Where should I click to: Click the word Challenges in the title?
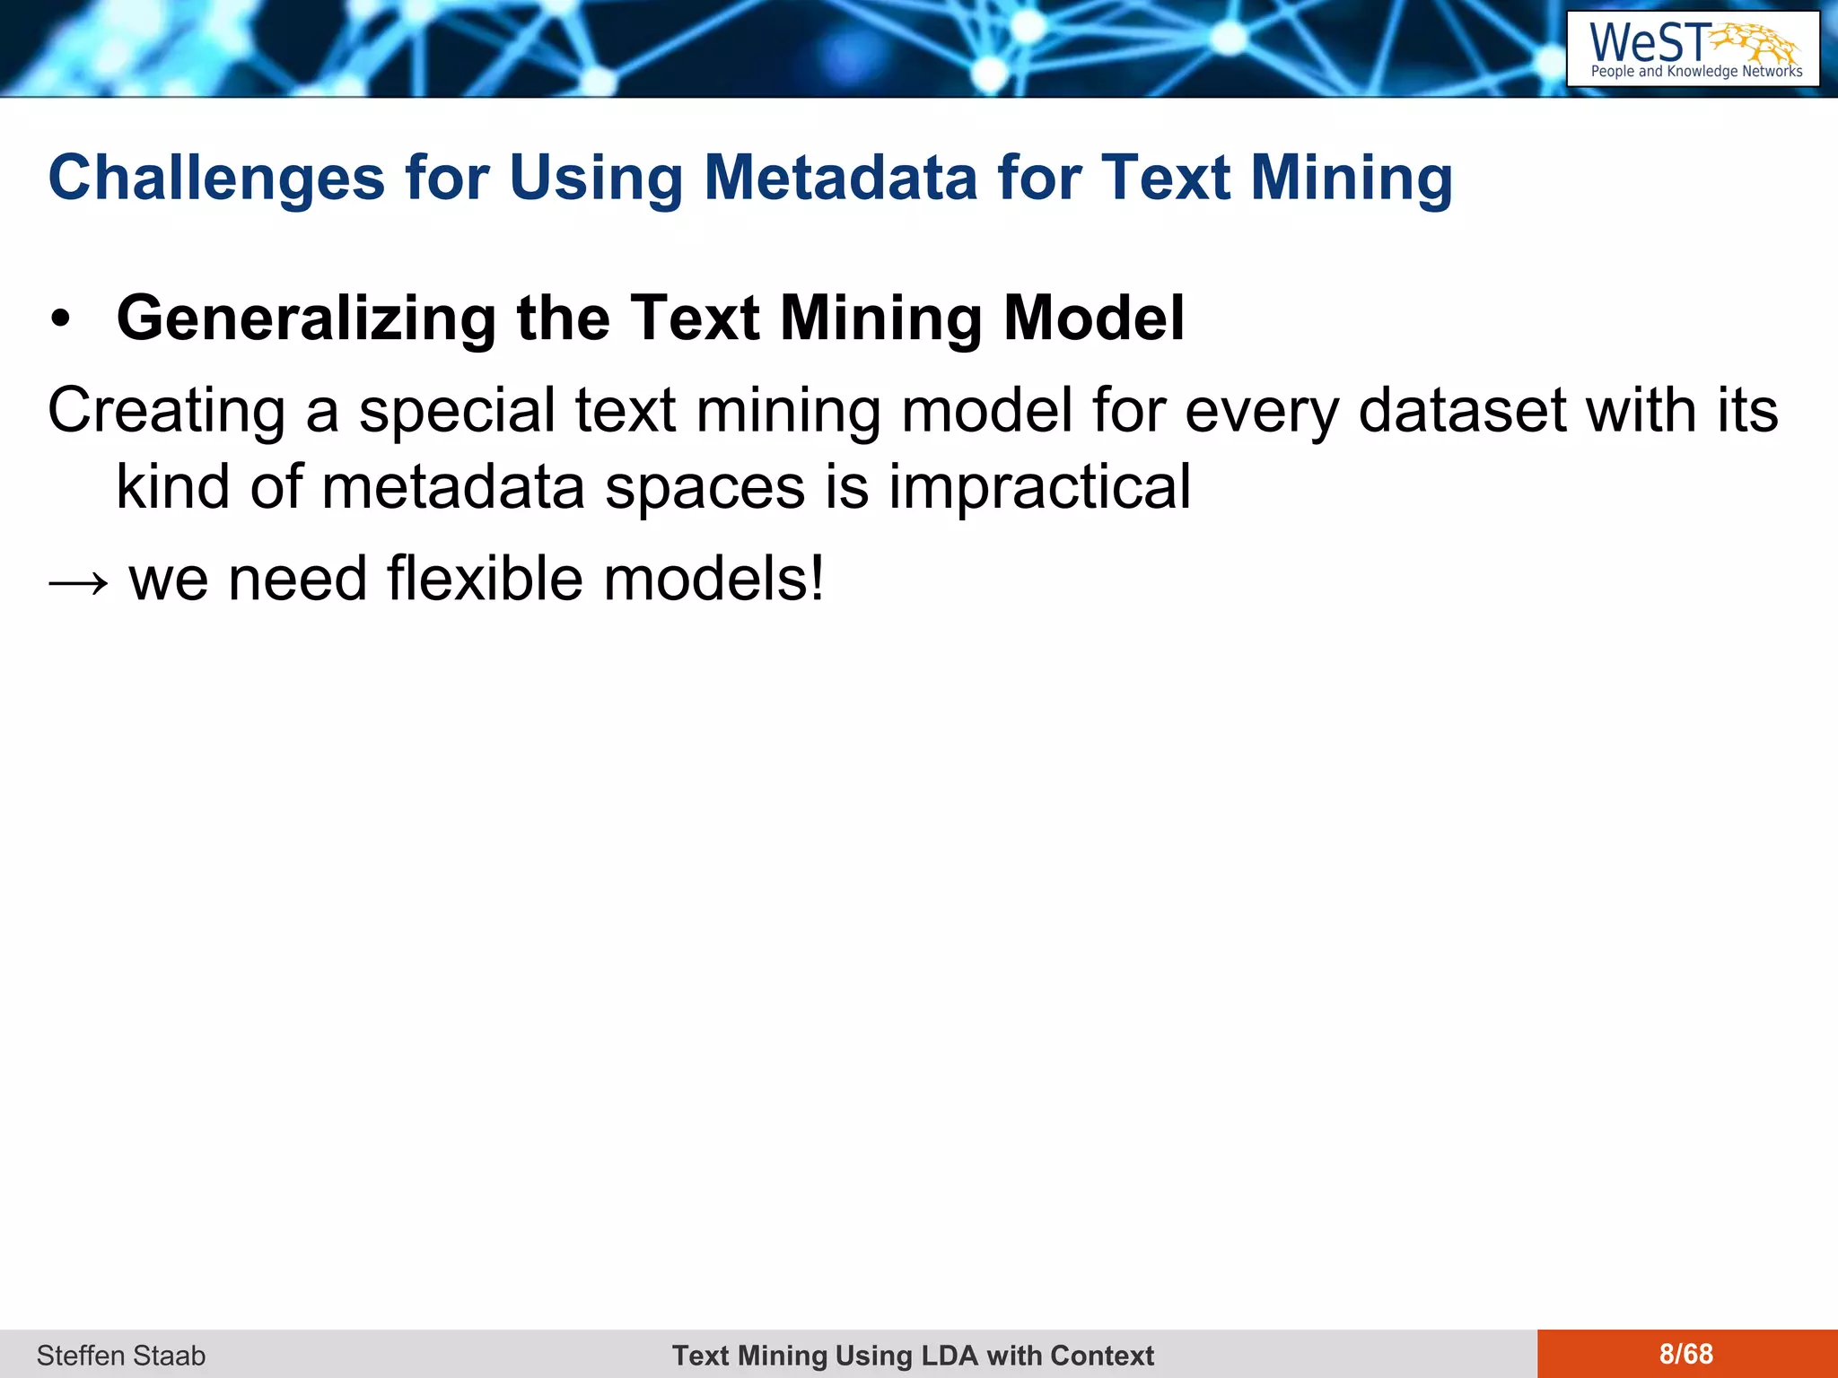216,178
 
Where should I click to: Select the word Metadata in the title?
840,178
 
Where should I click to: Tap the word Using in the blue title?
596,178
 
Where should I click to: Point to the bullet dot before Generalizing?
60,319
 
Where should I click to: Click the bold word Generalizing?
306,318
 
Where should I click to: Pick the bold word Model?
1094,318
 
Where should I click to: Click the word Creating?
167,411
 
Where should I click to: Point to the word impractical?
1039,487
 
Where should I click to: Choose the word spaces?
705,487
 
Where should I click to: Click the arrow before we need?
79,581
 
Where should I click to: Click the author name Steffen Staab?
121,1355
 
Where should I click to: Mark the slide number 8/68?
1686,1354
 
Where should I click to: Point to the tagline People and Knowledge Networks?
1696,72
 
